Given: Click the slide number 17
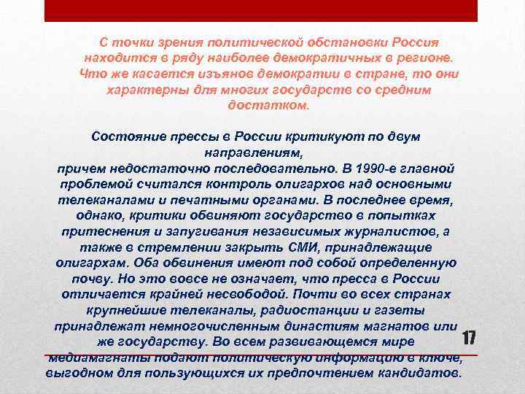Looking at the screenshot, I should (469, 339).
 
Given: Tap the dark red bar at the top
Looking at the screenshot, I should (261, 10).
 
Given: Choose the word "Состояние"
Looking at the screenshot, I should (130, 136).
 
